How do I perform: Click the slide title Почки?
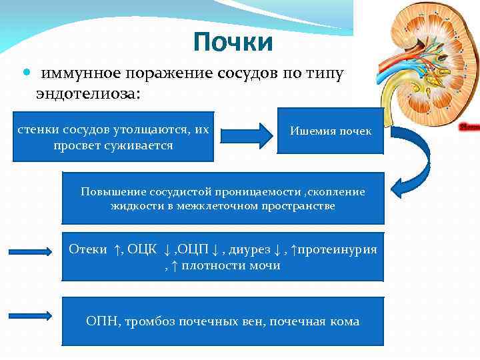233,43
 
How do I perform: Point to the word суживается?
139,145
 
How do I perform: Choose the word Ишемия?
311,131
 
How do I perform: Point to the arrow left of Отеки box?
31,251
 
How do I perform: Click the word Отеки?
87,249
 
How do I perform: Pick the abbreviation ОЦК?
141,249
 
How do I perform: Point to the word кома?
343,321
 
